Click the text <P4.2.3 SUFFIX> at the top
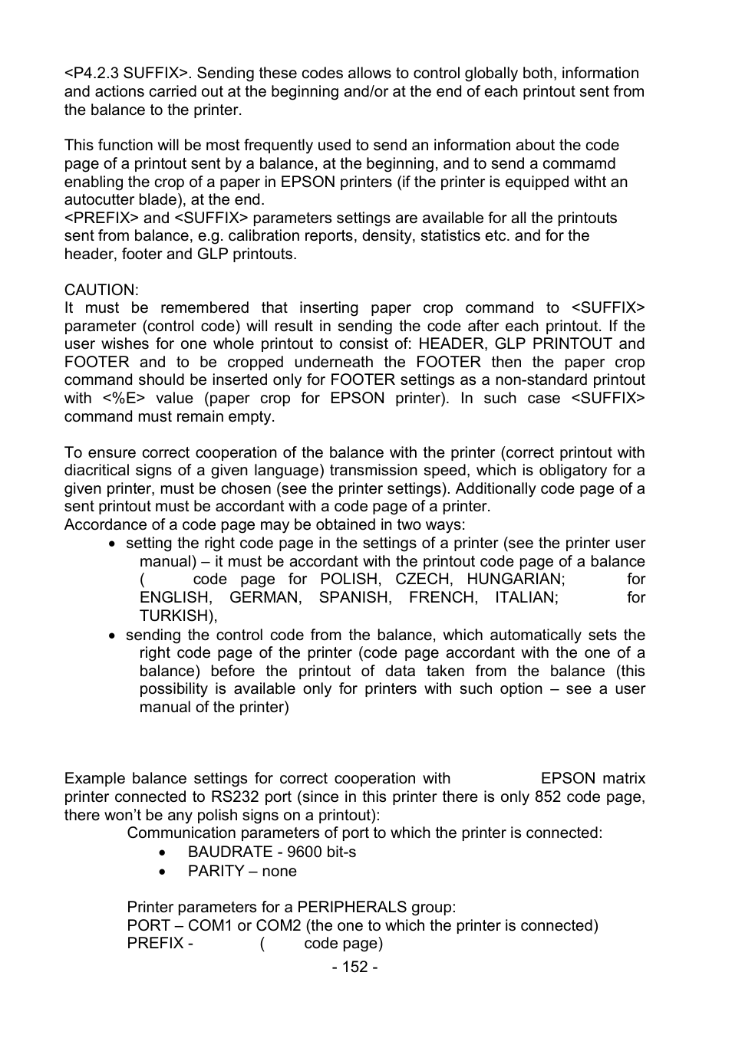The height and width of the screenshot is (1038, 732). [x=127, y=74]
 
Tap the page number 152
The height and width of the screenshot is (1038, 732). [x=354, y=967]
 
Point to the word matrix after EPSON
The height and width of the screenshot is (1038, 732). [x=623, y=779]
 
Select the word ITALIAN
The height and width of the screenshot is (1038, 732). [x=526, y=597]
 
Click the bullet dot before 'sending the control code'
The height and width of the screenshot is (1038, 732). [x=112, y=636]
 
